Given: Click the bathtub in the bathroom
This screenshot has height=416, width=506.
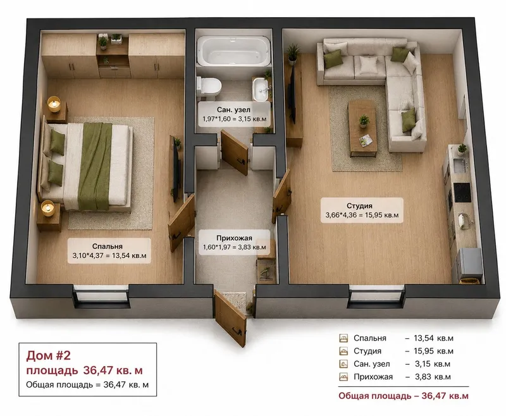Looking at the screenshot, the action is click(x=233, y=51).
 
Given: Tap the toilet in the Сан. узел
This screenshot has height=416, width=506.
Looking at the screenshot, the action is click(x=209, y=87).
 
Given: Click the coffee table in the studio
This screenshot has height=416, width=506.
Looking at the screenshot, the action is click(x=362, y=128).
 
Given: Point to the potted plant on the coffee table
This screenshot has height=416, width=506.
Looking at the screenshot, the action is click(x=364, y=121).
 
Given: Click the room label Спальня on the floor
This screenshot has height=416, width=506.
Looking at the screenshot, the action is click(x=107, y=247).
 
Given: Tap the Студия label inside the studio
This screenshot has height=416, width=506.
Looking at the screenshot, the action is click(x=359, y=205).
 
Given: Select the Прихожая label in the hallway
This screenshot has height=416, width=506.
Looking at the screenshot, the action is click(x=234, y=238).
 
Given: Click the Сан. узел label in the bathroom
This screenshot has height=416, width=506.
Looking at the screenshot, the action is click(x=233, y=109).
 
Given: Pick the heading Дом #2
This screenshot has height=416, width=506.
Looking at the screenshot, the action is click(x=49, y=355).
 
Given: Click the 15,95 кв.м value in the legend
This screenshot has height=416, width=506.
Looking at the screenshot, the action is click(x=433, y=351).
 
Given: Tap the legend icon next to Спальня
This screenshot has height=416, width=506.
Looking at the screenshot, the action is click(x=343, y=338).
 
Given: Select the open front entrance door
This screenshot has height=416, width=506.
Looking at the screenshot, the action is click(x=230, y=319).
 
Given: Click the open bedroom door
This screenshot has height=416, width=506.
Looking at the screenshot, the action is click(x=182, y=223).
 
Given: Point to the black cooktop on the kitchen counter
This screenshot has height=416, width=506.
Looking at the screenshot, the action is click(x=462, y=193).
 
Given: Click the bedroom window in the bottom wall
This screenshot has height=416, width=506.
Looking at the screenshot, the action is click(x=101, y=297).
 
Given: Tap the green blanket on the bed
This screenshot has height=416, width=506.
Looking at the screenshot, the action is click(x=94, y=166).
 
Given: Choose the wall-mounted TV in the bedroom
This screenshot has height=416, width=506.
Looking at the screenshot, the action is click(x=176, y=170).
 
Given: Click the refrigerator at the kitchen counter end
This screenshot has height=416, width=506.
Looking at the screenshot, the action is click(x=470, y=265).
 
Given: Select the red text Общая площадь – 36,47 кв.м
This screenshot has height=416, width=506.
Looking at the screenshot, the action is click(x=404, y=396).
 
